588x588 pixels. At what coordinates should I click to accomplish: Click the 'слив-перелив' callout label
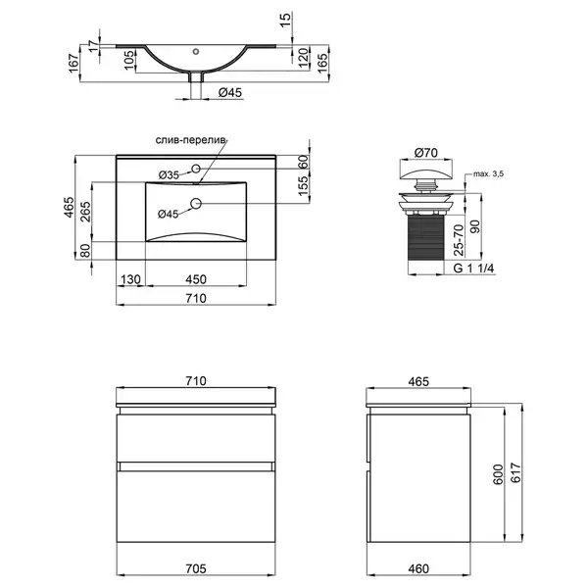[191, 140]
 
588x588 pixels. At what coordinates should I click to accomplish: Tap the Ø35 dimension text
[169, 174]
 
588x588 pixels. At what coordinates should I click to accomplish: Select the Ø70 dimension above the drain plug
[426, 153]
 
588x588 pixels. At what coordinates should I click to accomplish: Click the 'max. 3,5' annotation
[488, 173]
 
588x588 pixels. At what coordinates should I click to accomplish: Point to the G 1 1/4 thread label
[473, 269]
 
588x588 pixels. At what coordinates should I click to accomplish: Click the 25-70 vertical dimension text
[459, 240]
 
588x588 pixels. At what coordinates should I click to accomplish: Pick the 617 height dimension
[516, 473]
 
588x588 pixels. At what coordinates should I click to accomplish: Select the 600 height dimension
[498, 474]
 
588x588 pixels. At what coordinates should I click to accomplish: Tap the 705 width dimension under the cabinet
[196, 568]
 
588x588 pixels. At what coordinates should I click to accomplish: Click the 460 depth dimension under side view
[418, 568]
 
